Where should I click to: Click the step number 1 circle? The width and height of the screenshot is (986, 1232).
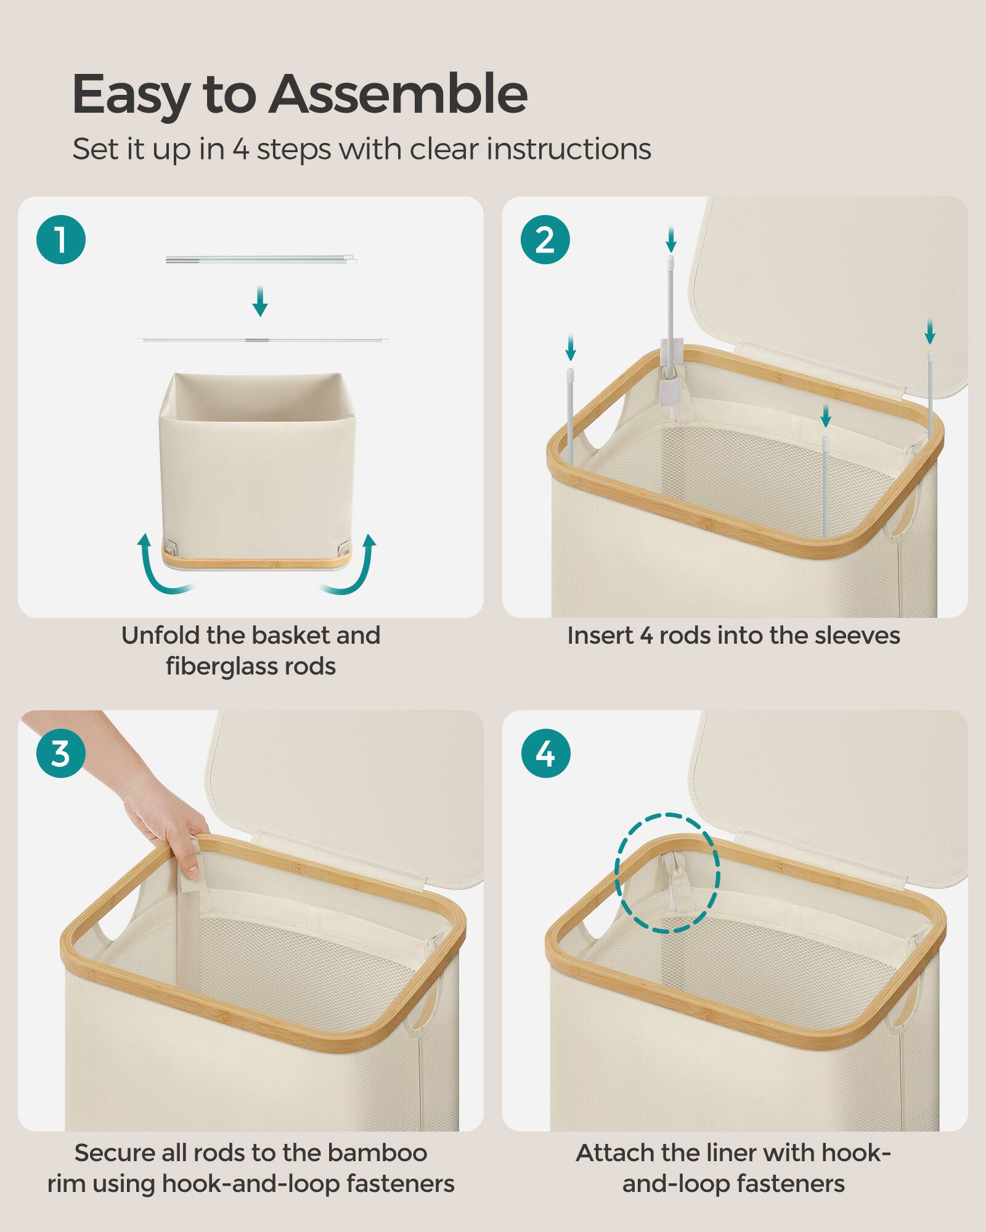click(x=60, y=240)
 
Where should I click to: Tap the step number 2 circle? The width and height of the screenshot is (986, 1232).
click(x=545, y=240)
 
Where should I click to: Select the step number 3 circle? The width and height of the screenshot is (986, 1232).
click(x=60, y=753)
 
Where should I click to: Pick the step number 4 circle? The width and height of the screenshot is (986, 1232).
click(x=545, y=753)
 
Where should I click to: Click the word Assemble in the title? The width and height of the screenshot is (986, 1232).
click(x=397, y=94)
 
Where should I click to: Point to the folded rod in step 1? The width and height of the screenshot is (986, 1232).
click(x=261, y=260)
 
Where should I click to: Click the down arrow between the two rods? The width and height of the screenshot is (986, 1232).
click(x=260, y=301)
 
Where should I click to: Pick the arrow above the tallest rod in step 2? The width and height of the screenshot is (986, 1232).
click(x=671, y=239)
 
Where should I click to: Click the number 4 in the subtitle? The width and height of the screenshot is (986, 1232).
click(x=241, y=150)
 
